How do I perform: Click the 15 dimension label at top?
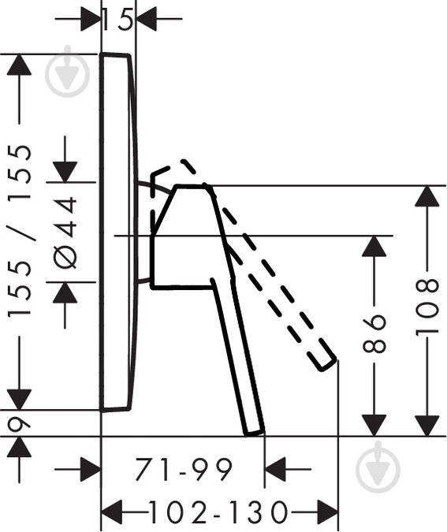(117, 20)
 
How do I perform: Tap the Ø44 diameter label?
(65, 233)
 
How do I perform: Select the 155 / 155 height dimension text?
(20, 231)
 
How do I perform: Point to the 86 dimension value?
(374, 333)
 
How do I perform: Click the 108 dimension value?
(427, 307)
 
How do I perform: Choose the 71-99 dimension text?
(184, 469)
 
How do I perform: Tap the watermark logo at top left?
(68, 72)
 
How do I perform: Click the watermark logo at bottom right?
(378, 467)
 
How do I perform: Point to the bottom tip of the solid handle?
(255, 433)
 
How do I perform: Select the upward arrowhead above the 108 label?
(427, 196)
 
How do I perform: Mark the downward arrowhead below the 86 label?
(374, 426)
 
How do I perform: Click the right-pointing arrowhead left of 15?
(91, 19)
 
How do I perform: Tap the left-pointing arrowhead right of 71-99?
(275, 469)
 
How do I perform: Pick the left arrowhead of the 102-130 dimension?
(112, 512)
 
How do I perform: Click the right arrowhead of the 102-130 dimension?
(328, 512)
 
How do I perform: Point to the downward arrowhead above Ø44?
(65, 173)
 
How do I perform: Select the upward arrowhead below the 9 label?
(19, 447)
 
